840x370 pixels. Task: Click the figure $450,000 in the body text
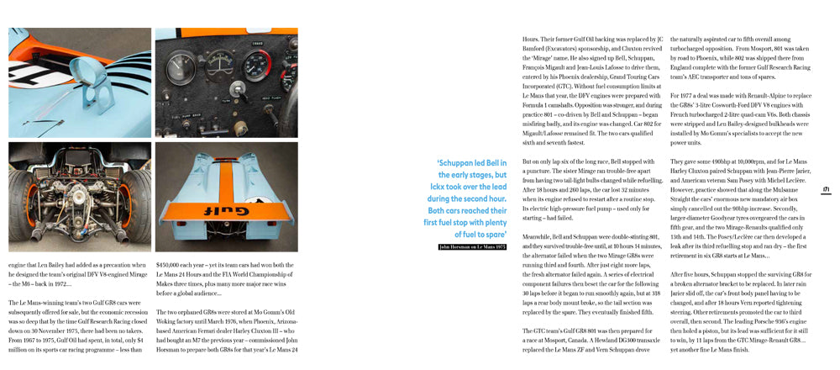[172, 262]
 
